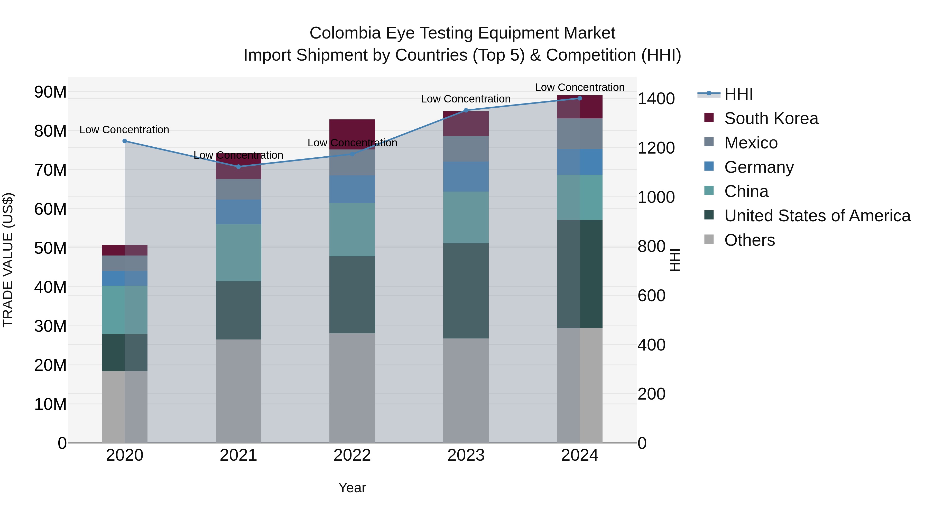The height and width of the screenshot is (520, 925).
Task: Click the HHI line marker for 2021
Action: click(238, 166)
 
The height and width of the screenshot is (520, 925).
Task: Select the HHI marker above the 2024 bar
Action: click(580, 98)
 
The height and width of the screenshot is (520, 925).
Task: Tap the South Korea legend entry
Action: click(771, 118)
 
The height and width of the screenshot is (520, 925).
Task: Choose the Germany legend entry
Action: click(758, 167)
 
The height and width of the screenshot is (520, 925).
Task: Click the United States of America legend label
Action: click(817, 216)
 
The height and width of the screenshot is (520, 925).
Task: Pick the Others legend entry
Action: click(750, 240)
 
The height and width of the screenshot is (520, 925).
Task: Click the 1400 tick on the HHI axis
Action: click(656, 99)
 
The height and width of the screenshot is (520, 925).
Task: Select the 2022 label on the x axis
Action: click(352, 455)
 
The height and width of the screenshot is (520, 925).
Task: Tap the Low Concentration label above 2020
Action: click(124, 130)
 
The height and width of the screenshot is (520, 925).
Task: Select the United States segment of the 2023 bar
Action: click(466, 291)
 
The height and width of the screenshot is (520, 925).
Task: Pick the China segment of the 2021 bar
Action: click(238, 253)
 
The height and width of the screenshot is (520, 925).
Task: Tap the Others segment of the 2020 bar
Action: click(124, 406)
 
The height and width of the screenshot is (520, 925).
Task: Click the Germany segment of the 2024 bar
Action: click(580, 162)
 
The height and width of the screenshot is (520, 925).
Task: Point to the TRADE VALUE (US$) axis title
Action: click(8, 260)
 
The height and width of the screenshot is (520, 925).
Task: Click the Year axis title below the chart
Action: click(352, 488)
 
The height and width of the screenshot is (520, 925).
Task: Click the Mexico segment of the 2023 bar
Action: click(466, 149)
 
